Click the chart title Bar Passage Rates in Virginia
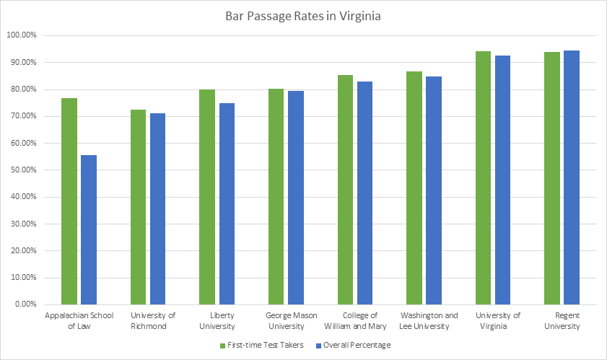(302, 17)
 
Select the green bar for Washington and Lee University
(414, 188)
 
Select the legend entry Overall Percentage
(354, 345)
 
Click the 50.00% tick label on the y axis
(27, 170)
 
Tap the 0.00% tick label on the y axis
(29, 304)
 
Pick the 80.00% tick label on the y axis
(27, 89)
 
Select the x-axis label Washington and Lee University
(429, 321)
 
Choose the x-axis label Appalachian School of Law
(79, 321)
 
